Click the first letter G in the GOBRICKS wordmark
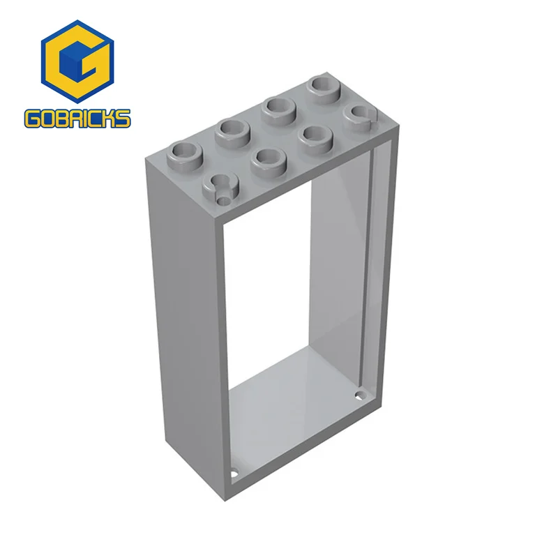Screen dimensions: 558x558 coord(32,119)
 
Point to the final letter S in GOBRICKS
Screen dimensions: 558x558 coord(122,119)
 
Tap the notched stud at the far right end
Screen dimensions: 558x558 coord(361,114)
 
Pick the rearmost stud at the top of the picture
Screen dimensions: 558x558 coord(324,87)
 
